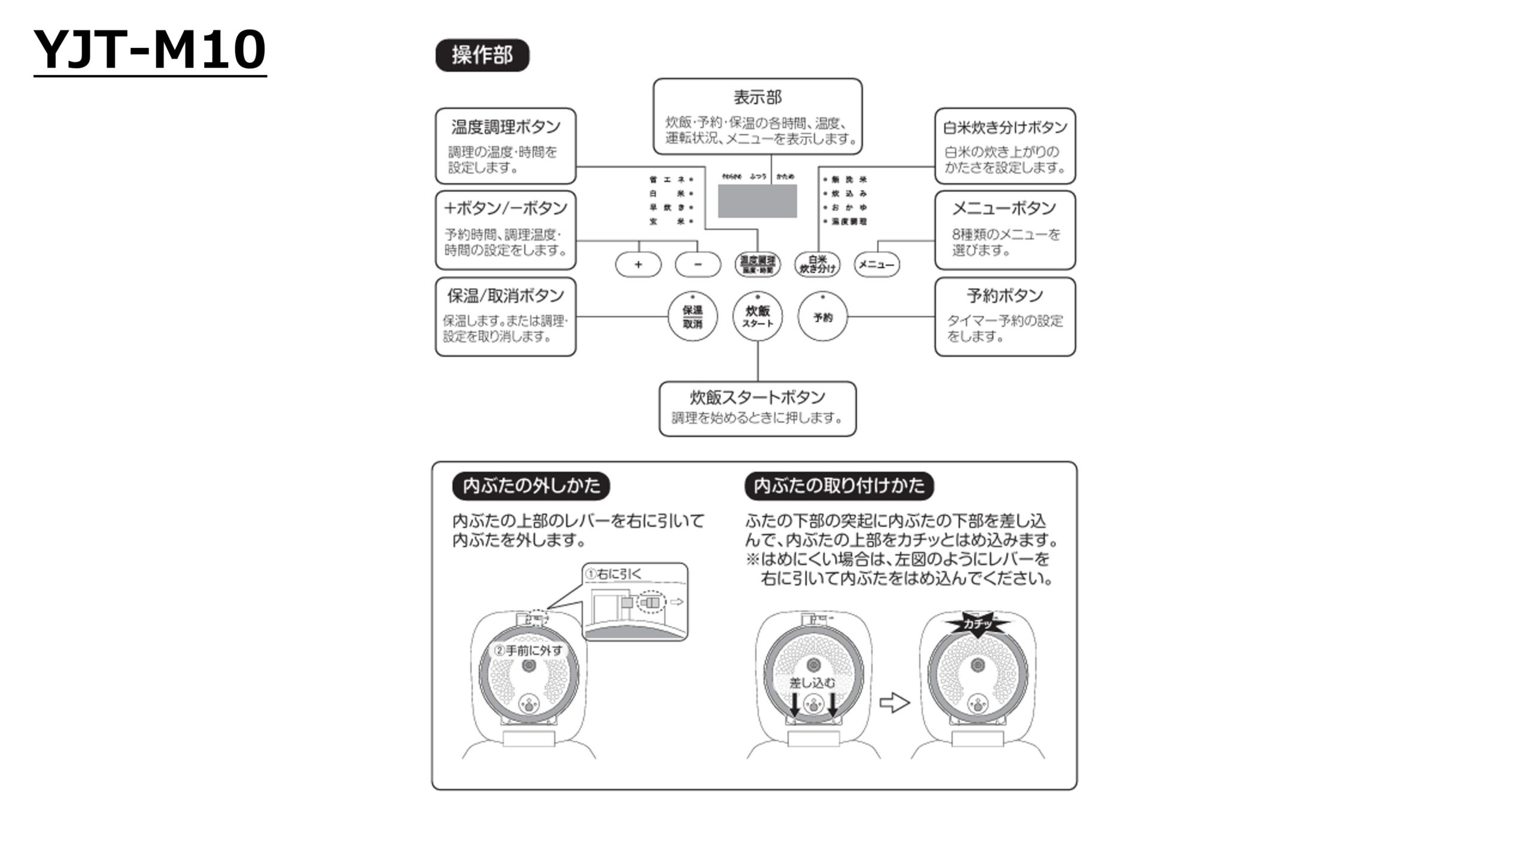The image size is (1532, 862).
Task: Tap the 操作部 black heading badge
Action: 482,56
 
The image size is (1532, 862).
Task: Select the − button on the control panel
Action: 698,265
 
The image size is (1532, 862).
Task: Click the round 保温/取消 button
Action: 692,317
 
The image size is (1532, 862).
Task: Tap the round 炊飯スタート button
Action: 758,317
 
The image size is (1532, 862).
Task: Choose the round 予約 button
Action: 823,317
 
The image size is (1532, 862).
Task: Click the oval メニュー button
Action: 877,265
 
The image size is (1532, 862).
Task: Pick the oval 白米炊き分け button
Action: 817,265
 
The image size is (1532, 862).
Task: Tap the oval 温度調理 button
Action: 758,265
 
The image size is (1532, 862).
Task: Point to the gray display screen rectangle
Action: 757,201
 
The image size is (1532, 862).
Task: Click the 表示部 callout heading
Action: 758,97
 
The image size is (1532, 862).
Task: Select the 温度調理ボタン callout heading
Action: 506,127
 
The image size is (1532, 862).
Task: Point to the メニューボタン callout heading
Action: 1004,208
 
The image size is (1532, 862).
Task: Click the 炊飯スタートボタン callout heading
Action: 758,397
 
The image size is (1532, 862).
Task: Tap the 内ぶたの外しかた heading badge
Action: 531,485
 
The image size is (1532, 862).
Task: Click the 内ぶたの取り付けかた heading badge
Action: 839,485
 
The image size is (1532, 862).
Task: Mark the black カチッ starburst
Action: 977,624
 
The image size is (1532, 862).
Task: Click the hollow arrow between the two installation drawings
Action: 894,703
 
